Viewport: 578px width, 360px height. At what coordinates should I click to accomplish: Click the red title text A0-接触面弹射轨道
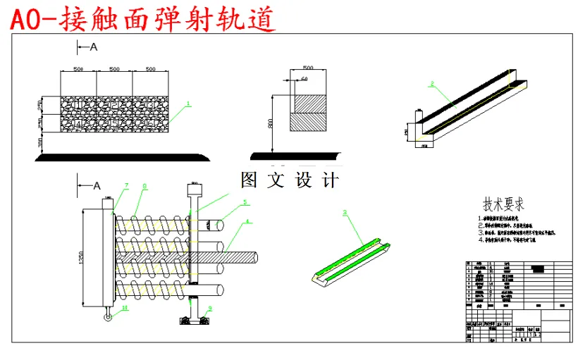[142, 18]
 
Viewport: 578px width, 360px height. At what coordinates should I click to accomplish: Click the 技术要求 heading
[503, 204]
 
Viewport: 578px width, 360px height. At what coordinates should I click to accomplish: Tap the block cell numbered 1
[78, 105]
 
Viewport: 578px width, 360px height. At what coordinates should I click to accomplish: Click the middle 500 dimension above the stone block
[113, 69]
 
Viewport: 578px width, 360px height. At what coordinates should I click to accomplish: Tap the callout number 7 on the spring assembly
[127, 185]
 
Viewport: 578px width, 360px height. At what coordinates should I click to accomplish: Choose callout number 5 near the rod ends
[245, 201]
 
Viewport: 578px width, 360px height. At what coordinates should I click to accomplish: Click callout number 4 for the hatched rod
[247, 222]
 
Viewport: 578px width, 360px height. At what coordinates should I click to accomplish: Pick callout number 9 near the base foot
[209, 309]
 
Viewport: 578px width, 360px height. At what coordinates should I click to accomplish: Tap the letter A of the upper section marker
[92, 46]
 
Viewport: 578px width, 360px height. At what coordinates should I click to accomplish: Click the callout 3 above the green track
[345, 211]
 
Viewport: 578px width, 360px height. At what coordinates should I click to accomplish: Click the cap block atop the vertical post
[193, 190]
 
